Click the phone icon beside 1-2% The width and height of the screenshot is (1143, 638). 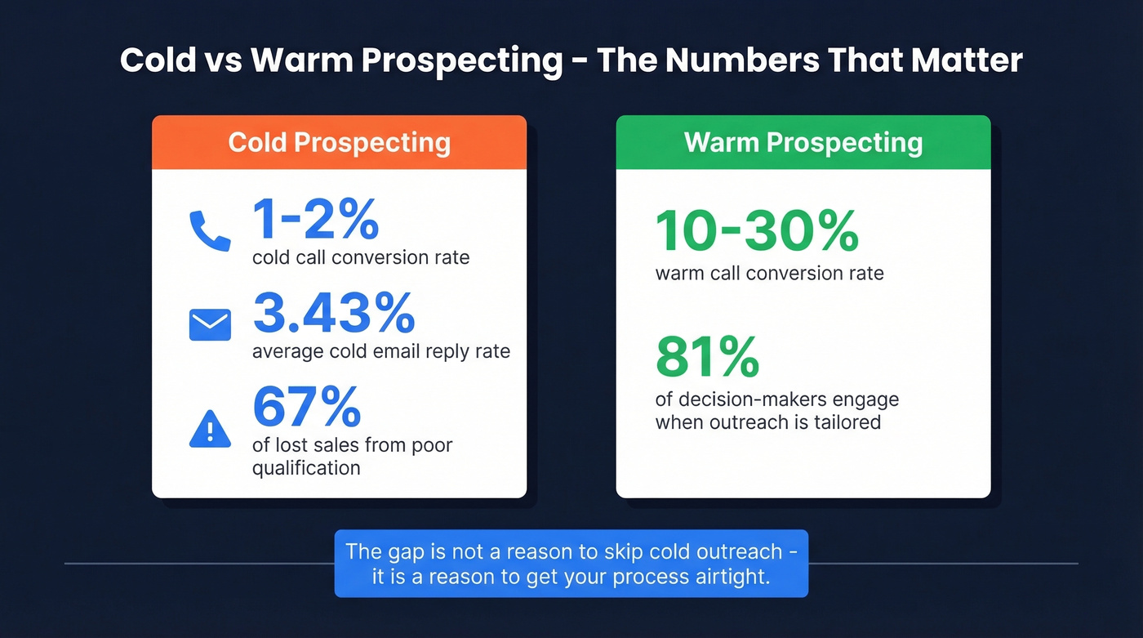coord(210,230)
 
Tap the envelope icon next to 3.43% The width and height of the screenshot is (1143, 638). coord(210,324)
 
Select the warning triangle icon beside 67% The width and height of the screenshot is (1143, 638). coord(210,429)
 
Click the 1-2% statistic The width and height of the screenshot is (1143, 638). coord(315,219)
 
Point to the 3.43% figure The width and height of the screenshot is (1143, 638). coord(334,313)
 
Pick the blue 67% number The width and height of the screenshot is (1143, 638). coord(306,407)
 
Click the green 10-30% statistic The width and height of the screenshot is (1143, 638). coord(757,231)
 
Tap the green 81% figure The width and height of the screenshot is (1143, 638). coord(707,357)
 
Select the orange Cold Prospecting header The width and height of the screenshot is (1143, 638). coord(339,142)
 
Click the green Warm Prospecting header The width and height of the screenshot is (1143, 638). coord(803,142)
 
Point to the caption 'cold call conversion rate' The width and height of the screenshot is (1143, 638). coord(361,257)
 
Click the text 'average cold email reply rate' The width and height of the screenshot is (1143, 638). coord(381,351)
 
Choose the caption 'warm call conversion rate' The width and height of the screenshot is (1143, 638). coord(769,273)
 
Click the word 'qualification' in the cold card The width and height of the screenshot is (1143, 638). coord(306,468)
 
